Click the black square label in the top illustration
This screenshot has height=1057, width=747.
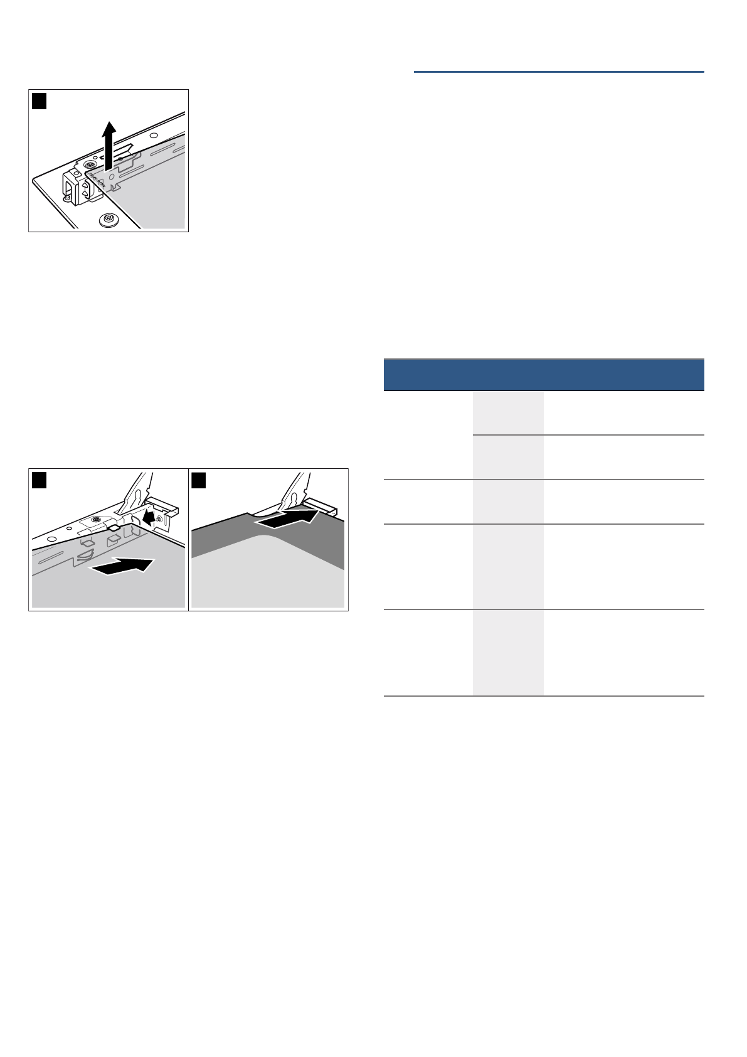(x=40, y=100)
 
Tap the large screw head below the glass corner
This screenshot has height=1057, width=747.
(x=108, y=220)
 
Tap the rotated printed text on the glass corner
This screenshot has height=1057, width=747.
(x=96, y=182)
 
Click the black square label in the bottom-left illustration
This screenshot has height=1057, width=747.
(x=40, y=480)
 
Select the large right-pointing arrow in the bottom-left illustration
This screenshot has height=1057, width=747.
(x=122, y=566)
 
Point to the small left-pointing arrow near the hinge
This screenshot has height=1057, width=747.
(x=148, y=517)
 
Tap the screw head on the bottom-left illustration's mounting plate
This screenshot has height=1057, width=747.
(x=95, y=520)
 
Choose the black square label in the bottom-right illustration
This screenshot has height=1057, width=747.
(x=199, y=480)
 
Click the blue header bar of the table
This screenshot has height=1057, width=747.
(x=543, y=375)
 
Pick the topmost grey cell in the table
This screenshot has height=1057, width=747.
(x=508, y=412)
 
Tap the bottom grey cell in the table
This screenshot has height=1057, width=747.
(x=508, y=652)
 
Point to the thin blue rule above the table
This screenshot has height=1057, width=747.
(x=558, y=72)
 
